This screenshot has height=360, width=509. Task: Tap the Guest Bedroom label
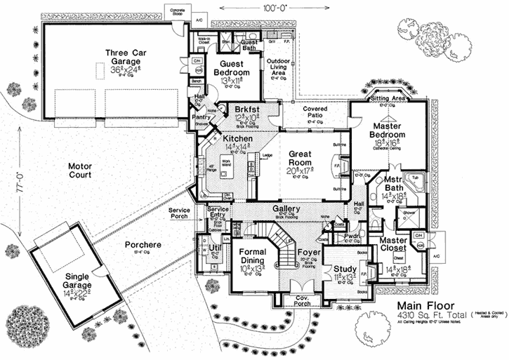(232, 68)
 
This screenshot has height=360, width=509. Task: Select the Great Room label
(300, 159)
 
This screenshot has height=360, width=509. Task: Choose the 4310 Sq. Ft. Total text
(428, 317)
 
